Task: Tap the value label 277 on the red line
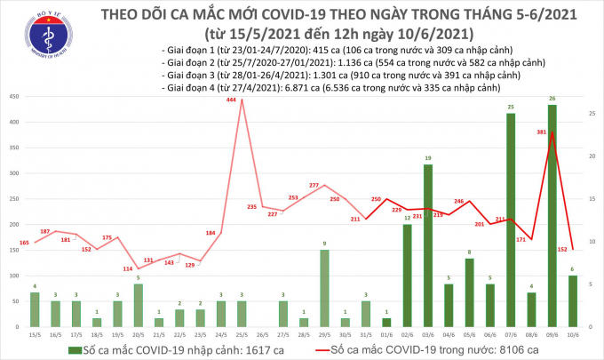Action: tap(314, 185)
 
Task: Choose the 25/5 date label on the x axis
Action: tap(239, 335)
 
